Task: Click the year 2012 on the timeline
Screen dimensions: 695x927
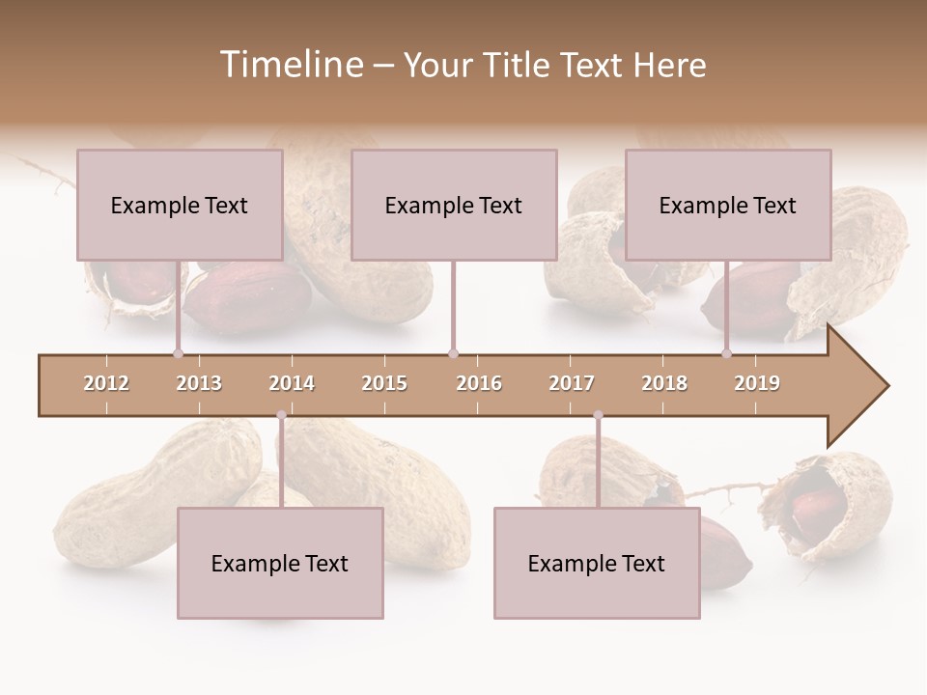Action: click(106, 383)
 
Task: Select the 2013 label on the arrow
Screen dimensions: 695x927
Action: click(199, 383)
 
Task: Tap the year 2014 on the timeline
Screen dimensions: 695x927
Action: click(292, 383)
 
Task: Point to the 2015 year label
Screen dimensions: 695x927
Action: click(384, 383)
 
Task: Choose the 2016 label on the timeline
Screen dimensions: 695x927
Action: click(479, 383)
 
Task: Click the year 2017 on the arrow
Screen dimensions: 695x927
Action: click(572, 383)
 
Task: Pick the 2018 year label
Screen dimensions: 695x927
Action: click(664, 383)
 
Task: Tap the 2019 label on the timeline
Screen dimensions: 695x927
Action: click(757, 383)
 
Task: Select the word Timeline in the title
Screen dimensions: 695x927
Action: click(291, 65)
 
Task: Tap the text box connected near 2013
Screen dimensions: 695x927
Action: click(180, 205)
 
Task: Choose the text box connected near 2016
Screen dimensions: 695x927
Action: click(454, 205)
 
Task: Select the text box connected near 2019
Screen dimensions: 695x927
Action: click(728, 205)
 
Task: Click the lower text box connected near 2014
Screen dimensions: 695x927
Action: click(280, 563)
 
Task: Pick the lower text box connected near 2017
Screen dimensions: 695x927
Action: click(597, 563)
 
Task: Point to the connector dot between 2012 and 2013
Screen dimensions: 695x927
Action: click(178, 354)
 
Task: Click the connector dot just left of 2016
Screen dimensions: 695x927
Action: click(453, 354)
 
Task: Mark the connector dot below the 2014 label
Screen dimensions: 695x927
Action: click(281, 416)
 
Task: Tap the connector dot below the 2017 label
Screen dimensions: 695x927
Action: click(598, 416)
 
